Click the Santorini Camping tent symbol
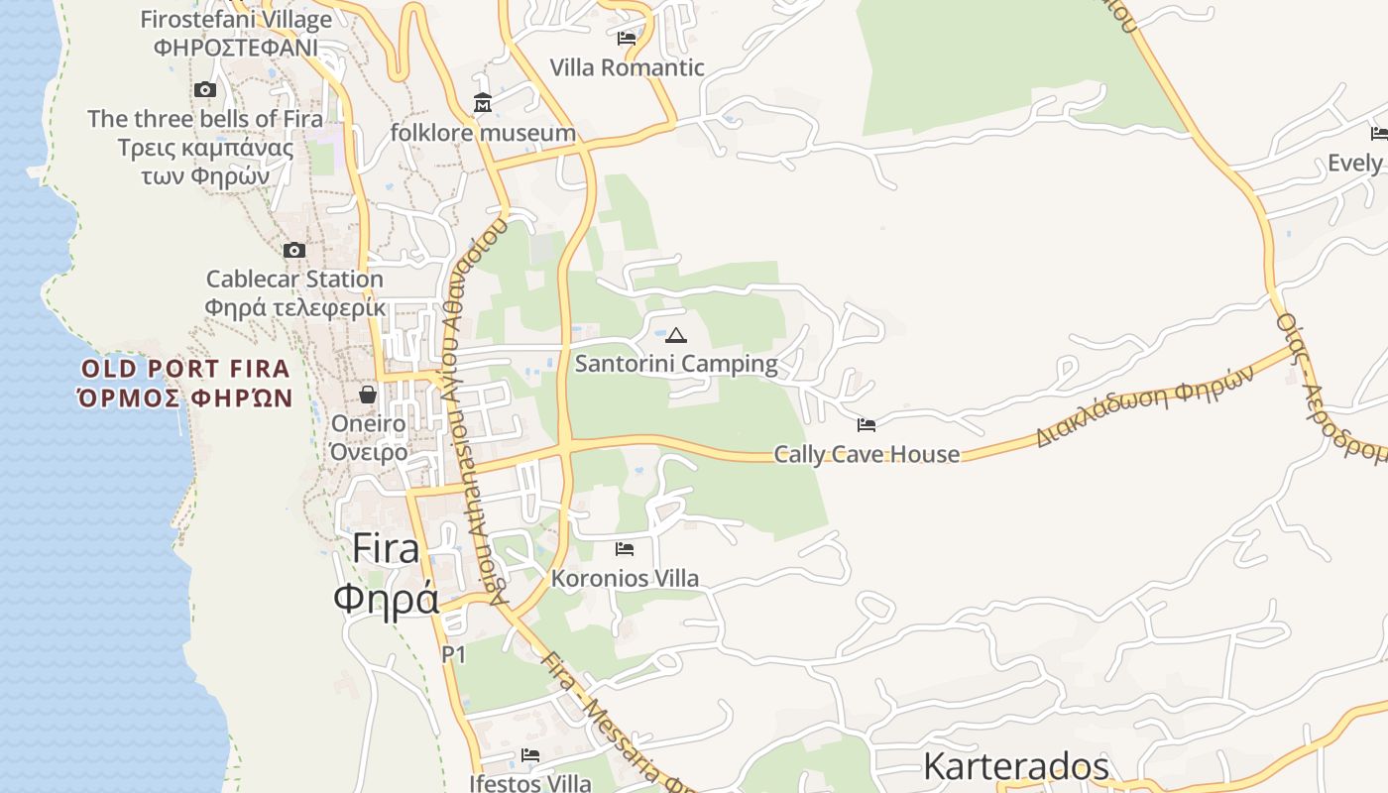(676, 335)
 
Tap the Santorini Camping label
(676, 364)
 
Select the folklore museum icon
(483, 102)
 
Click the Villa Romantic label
(627, 68)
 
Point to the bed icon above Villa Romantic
(627, 39)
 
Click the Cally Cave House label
(867, 455)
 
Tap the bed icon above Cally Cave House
(867, 425)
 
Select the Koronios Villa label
(625, 578)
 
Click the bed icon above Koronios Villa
(625, 548)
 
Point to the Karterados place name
(1015, 766)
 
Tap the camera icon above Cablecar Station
(294, 250)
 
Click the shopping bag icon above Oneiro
(368, 395)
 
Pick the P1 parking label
(454, 654)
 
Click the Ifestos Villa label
(529, 783)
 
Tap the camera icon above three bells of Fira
(205, 89)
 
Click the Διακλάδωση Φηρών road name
(1145, 405)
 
